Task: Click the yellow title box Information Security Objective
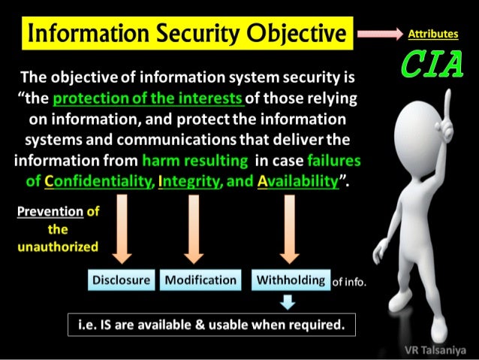coord(187,34)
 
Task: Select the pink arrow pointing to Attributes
coord(379,35)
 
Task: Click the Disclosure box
coord(121,280)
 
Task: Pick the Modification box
coord(200,280)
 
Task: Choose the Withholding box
coord(291,280)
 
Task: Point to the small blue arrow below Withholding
coord(286,301)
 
